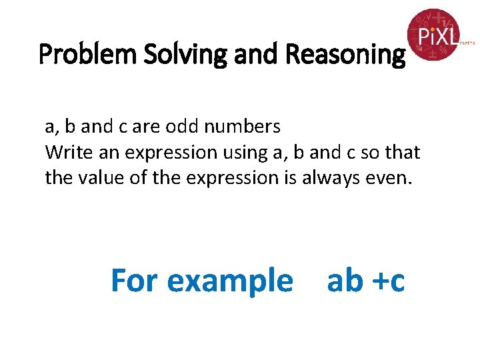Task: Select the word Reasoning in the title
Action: pyautogui.click(x=345, y=54)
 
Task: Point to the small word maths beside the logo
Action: pyautogui.click(x=467, y=42)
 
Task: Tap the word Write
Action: pyautogui.click(x=65, y=152)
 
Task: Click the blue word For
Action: pyautogui.click(x=135, y=280)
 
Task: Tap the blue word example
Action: pyautogui.click(x=229, y=281)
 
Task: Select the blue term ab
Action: pyautogui.click(x=344, y=280)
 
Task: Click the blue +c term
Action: pyautogui.click(x=387, y=281)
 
